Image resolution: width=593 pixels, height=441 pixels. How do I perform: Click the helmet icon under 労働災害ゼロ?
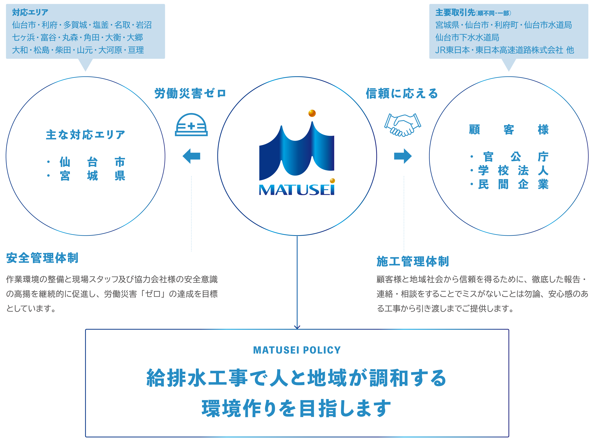[x=191, y=125]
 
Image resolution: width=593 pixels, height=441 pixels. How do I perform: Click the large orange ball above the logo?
[x=312, y=113]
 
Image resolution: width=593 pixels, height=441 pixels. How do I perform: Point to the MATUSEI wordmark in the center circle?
[x=296, y=189]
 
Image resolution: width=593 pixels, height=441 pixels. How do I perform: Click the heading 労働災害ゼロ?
[x=190, y=94]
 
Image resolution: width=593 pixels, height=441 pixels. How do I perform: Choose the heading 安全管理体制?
[x=42, y=258]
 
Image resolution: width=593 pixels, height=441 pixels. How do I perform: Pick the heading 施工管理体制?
[x=413, y=261]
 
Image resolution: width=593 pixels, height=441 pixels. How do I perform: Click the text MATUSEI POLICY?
[x=297, y=350]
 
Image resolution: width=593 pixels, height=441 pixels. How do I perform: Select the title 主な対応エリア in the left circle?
[x=85, y=135]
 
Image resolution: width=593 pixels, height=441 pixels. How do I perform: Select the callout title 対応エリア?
[x=30, y=12]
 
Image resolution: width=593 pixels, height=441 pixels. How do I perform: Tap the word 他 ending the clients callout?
[x=570, y=50]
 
